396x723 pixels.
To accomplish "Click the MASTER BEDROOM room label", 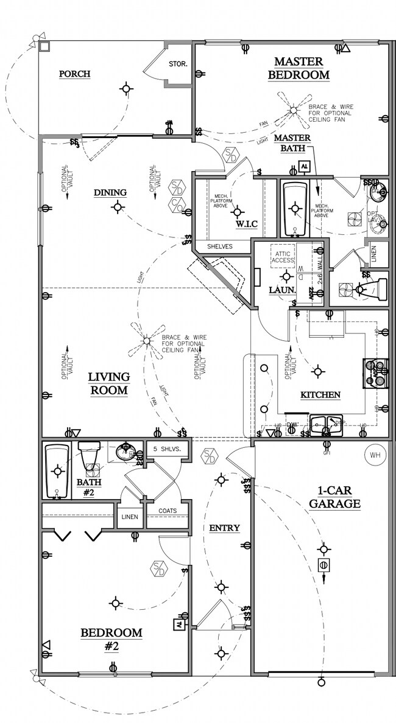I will pyautogui.click(x=302, y=68).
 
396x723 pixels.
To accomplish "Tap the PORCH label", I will pyautogui.click(x=74, y=74).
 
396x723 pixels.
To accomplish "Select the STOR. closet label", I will pyautogui.click(x=177, y=64).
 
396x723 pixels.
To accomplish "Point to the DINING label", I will pyautogui.click(x=110, y=193).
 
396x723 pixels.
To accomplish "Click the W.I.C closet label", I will pyautogui.click(x=247, y=225).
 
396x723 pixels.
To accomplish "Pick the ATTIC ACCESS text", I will pyautogui.click(x=282, y=256).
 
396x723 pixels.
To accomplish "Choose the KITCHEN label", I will pyautogui.click(x=320, y=395).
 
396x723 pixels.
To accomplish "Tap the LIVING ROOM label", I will pyautogui.click(x=108, y=383).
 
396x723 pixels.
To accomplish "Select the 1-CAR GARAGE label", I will pyautogui.click(x=334, y=497).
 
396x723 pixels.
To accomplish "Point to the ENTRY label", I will pyautogui.click(x=224, y=528).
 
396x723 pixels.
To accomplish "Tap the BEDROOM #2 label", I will pyautogui.click(x=111, y=639).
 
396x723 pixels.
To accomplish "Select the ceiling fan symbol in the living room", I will pyautogui.click(x=146, y=342).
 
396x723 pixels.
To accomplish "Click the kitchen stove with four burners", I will pyautogui.click(x=376, y=372).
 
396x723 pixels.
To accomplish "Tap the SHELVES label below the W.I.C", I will pyautogui.click(x=219, y=246).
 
